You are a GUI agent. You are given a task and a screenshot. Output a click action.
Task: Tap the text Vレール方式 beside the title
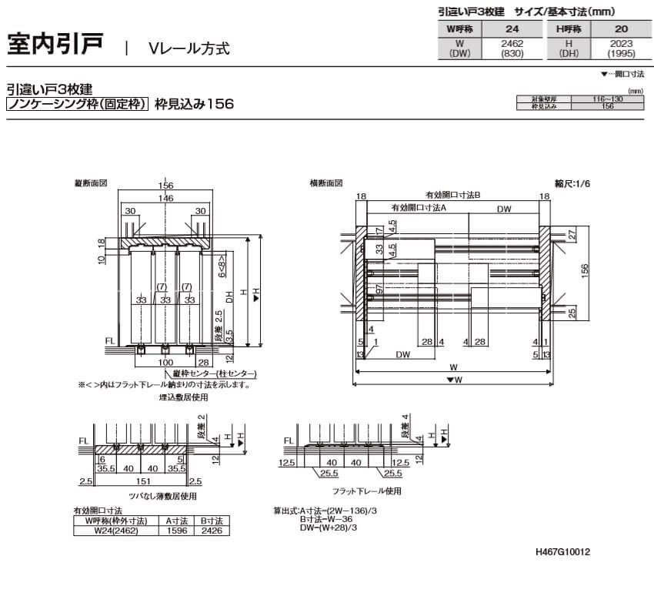click(189, 48)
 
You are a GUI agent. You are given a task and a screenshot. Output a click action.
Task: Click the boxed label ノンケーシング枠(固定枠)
click(77, 103)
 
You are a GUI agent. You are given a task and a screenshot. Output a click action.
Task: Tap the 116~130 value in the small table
click(607, 100)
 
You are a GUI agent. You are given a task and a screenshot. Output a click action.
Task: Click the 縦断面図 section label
click(90, 184)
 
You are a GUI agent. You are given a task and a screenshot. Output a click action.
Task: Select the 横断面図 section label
click(325, 184)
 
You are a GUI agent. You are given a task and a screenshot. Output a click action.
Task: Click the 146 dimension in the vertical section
click(165, 198)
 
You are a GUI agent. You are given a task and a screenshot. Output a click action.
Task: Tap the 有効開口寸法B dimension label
click(453, 196)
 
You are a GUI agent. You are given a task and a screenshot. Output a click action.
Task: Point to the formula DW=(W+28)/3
click(329, 527)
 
